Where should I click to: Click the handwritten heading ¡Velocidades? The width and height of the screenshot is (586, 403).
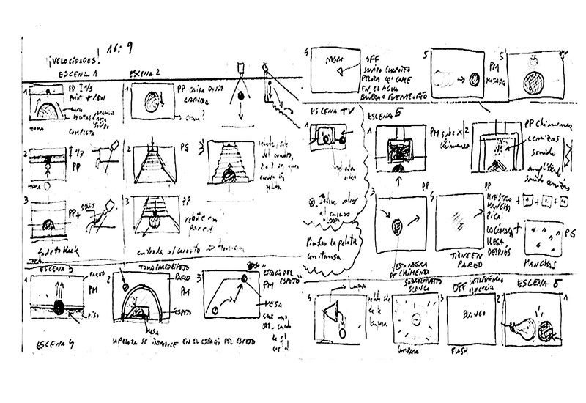(x=74, y=60)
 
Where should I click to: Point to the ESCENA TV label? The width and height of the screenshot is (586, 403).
(x=330, y=113)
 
